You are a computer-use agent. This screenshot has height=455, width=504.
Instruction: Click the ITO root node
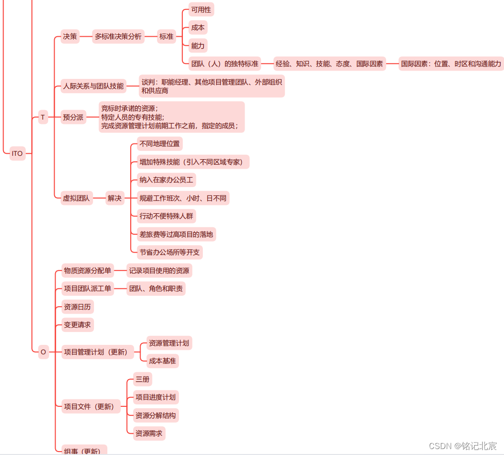coord(17,153)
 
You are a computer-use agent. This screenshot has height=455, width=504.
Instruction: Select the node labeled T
coord(43,117)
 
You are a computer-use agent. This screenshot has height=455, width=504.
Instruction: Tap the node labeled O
coord(43,352)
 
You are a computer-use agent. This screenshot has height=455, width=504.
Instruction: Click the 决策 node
coord(70,36)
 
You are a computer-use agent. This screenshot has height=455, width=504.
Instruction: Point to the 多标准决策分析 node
coord(118,36)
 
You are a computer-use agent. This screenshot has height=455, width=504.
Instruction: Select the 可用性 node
coord(201,9)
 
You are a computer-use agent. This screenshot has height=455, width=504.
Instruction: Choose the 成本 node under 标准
coord(198,28)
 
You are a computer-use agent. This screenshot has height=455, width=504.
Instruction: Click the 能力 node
coord(198,46)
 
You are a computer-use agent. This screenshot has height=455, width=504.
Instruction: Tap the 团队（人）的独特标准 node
coord(225,64)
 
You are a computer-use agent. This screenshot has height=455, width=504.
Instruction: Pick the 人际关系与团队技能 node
coord(93,86)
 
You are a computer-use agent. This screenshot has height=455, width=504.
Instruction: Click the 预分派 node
coord(73,118)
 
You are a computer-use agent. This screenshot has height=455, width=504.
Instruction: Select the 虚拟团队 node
coord(76,198)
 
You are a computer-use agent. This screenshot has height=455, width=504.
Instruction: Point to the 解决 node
coord(115,198)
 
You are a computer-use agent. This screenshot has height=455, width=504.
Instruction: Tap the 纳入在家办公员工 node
coord(166,180)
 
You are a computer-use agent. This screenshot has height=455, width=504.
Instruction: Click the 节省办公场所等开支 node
coord(169,252)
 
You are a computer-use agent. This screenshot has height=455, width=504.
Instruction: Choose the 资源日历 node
coord(77,307)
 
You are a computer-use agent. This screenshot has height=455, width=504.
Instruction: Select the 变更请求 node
coord(77,325)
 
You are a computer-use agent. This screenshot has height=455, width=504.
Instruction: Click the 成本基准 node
coord(163,361)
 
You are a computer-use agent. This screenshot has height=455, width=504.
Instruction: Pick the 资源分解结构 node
coord(156,415)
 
